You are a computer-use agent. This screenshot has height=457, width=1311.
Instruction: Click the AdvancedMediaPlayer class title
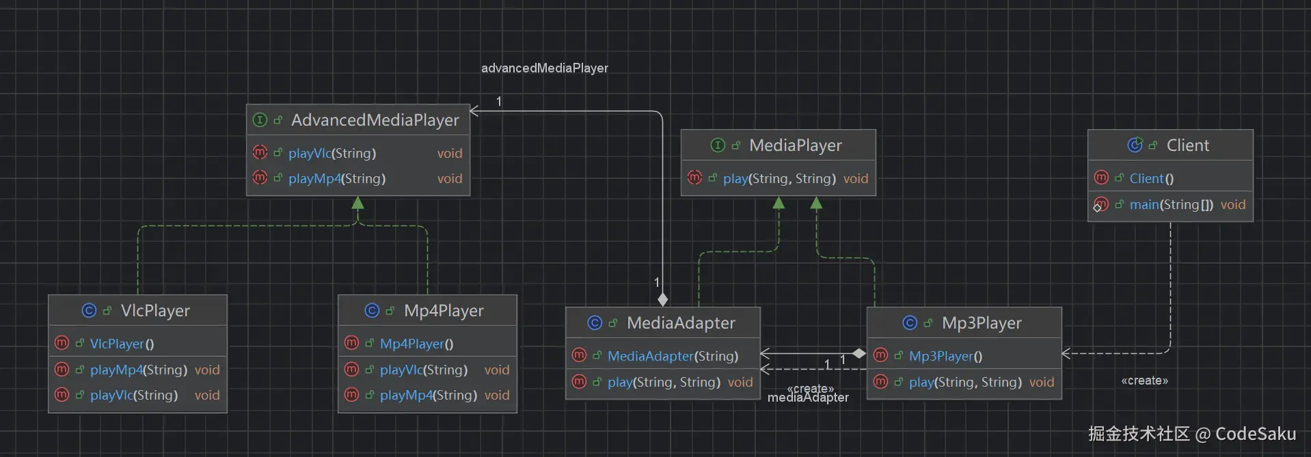click(x=375, y=120)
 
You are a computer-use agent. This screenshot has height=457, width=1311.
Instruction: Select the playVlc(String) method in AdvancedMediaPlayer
click(x=332, y=153)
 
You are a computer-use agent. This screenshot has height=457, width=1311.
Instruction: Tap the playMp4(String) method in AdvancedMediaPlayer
click(x=337, y=178)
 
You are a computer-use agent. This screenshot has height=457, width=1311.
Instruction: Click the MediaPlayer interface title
click(x=796, y=146)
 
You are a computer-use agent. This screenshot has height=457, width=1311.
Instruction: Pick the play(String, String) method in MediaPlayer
click(x=779, y=178)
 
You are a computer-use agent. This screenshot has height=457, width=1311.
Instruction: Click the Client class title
click(x=1188, y=146)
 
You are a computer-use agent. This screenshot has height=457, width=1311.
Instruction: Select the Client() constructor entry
click(x=1152, y=178)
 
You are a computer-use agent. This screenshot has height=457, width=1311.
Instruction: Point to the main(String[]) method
click(x=1172, y=204)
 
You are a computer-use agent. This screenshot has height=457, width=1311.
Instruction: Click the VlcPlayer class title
click(x=155, y=311)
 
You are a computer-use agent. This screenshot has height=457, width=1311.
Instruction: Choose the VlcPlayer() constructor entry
click(x=122, y=344)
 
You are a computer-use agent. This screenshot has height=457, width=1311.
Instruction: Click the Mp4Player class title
click(x=444, y=311)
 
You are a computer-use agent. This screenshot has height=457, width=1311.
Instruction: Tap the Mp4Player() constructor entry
click(x=417, y=344)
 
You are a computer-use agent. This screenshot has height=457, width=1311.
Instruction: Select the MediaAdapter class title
click(x=681, y=323)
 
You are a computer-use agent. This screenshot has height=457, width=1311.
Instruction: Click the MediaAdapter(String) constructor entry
click(x=673, y=356)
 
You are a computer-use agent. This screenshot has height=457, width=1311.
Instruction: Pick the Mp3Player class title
click(x=982, y=323)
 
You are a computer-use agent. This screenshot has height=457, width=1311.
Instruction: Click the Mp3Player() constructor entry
click(x=946, y=356)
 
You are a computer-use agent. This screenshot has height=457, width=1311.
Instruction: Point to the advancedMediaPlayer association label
click(x=545, y=68)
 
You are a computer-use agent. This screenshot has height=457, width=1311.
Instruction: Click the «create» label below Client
click(x=1145, y=380)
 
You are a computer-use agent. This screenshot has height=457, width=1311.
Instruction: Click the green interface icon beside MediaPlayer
click(x=718, y=145)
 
